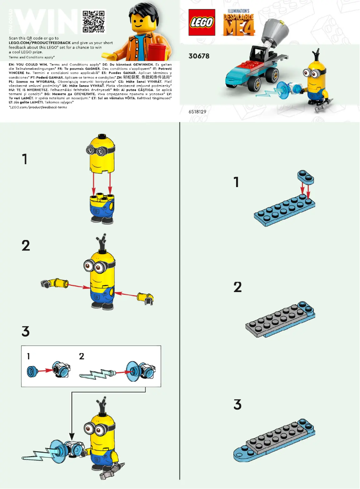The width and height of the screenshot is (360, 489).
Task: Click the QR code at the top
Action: tap(93, 21)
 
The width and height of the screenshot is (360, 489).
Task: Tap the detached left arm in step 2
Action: tap(54, 283)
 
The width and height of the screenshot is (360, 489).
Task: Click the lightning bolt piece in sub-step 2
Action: tap(97, 375)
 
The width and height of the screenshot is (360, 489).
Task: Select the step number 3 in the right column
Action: tap(237, 405)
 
